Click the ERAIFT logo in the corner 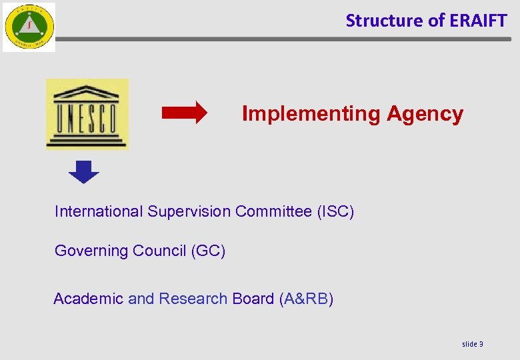pos(29,27)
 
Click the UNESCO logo pos(87,114)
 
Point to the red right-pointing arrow pos(185,114)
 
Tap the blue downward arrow pos(84,172)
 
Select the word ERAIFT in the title pos(478,21)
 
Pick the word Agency pos(425,114)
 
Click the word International pos(99,212)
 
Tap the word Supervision pos(189,212)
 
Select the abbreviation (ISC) pos(335,212)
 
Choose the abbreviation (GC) pos(208,251)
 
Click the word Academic pos(88,299)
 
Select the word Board pos(253,299)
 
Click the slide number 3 pos(481,344)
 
